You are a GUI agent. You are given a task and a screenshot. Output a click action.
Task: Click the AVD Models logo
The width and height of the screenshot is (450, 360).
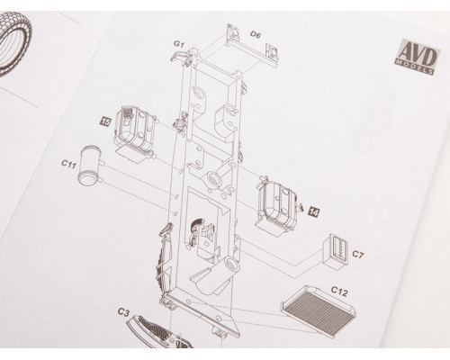418,57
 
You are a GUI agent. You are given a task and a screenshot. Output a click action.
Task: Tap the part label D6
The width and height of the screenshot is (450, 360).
256,35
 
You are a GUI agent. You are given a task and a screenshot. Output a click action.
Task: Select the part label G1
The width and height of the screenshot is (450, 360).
179,44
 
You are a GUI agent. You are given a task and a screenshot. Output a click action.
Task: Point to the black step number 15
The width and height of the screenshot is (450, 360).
106,121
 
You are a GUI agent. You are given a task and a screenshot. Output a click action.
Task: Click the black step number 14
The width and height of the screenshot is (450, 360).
313,212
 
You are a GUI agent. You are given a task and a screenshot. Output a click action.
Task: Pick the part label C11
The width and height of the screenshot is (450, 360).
68,164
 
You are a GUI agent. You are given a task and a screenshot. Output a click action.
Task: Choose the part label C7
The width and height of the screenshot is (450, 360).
357,255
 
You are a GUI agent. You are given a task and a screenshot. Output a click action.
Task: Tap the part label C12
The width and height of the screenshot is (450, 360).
339,291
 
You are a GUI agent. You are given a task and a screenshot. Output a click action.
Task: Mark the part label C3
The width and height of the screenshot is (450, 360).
123,312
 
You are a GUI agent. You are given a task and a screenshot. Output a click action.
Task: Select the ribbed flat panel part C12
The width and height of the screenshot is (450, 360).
319,310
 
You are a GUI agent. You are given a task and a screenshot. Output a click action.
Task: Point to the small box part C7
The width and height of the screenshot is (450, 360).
334,252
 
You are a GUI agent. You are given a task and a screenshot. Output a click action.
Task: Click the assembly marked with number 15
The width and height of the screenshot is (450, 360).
134,133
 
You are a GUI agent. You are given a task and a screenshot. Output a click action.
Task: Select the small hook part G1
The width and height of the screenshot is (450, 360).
181,57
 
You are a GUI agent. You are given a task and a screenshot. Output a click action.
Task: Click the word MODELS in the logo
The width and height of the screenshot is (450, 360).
414,66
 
